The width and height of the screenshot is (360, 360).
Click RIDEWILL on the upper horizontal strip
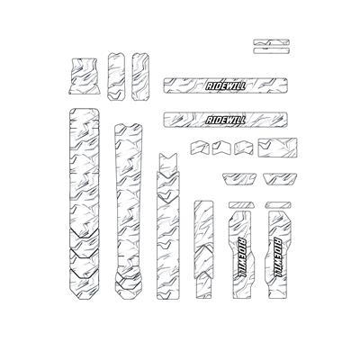coord(225,85)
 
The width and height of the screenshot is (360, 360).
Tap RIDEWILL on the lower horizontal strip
coord(225,120)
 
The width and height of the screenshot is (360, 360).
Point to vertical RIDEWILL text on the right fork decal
coord(279,257)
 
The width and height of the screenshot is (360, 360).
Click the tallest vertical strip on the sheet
coord(85,203)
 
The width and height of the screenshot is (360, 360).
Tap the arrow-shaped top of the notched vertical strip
coord(168,162)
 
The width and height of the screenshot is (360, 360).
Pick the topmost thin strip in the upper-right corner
coord(272,42)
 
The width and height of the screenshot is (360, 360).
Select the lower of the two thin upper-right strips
coord(272,50)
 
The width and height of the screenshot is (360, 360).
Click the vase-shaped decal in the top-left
coord(83,76)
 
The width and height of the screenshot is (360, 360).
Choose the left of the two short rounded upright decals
coord(116,76)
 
